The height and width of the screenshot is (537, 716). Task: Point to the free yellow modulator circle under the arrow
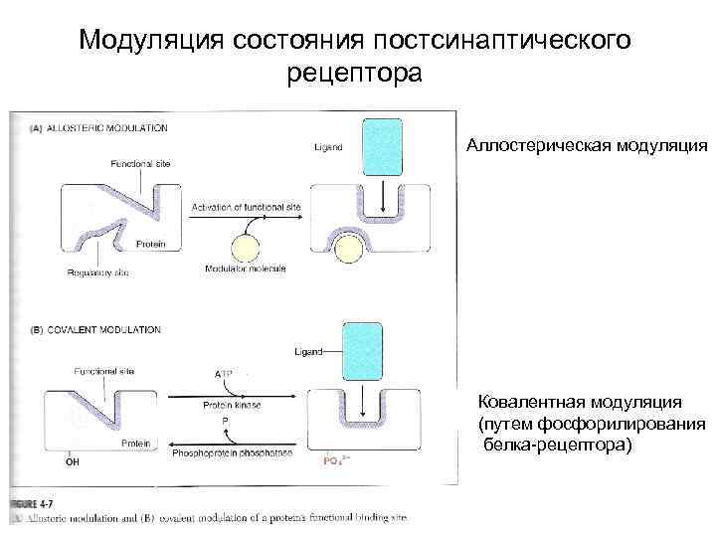246,249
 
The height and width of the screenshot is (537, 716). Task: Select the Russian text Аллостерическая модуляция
587,146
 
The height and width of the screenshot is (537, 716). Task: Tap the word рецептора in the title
354,74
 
